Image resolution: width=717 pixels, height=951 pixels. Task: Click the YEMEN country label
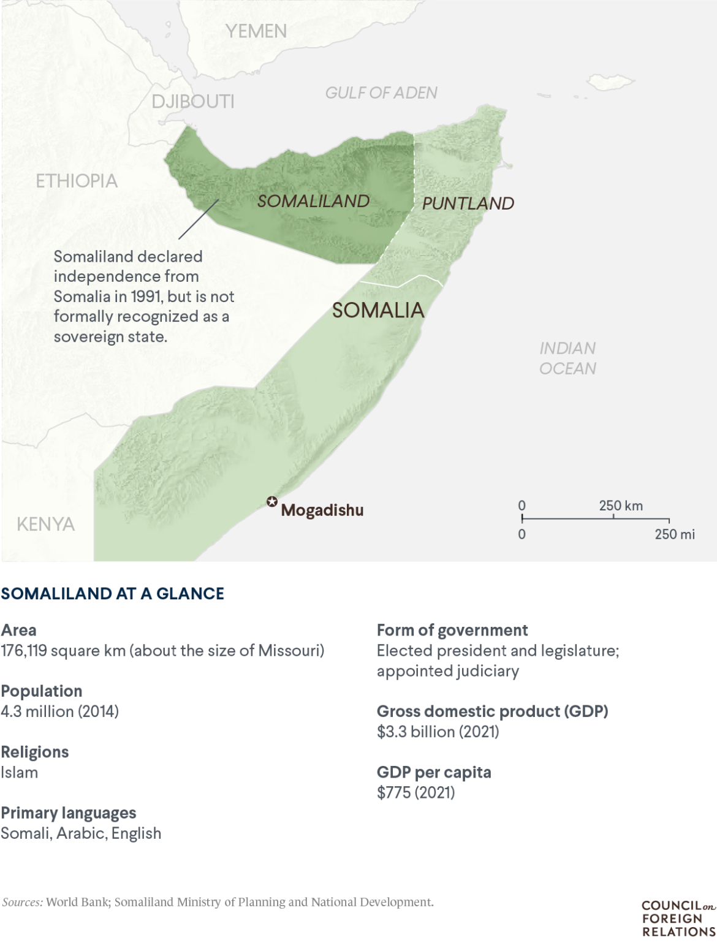(x=256, y=31)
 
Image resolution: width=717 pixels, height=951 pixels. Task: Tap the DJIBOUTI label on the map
(x=193, y=101)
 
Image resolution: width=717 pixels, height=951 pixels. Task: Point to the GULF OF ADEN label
(x=381, y=93)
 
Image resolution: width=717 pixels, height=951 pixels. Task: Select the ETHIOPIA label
(x=77, y=181)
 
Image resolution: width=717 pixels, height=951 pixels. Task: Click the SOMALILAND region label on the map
(x=313, y=201)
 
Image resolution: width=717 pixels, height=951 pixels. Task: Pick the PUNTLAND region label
(x=468, y=203)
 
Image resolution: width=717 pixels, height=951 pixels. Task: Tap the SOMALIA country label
(x=378, y=310)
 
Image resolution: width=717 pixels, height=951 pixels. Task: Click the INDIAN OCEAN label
(x=567, y=358)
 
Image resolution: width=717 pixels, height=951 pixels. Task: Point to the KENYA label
(x=46, y=524)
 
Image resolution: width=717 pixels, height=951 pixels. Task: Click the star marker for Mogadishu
(x=271, y=502)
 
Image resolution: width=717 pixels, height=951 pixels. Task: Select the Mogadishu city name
(x=322, y=510)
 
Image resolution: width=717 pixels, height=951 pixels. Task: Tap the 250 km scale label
(x=621, y=506)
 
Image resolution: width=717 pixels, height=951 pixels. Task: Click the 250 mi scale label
(x=675, y=534)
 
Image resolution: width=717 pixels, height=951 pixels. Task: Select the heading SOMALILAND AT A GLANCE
(x=113, y=593)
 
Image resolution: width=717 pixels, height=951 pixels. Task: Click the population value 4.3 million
(x=37, y=711)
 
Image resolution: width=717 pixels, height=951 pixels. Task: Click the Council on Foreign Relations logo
(x=678, y=918)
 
